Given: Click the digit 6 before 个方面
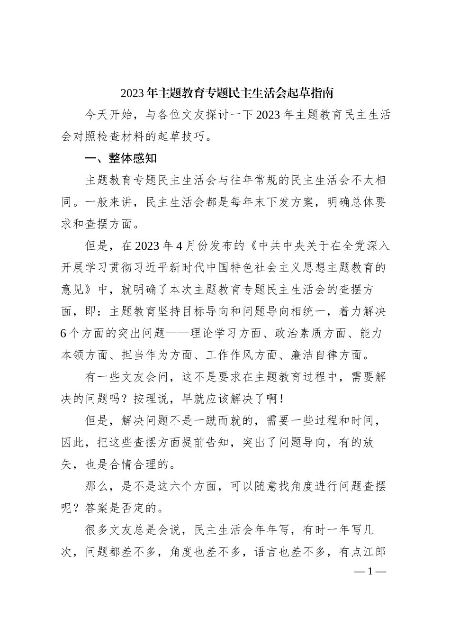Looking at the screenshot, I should [x=64, y=333].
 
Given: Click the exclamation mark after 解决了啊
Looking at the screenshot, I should [x=282, y=399].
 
